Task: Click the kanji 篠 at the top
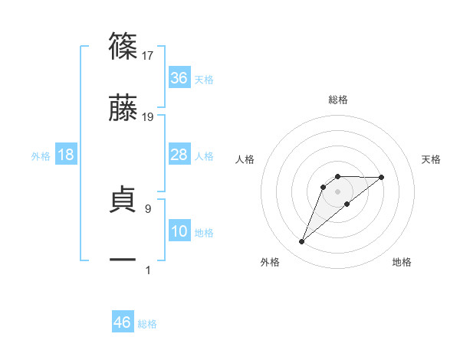(x=123, y=46)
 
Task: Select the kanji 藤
(x=123, y=109)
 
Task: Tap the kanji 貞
(x=123, y=201)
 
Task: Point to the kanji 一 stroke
(x=123, y=260)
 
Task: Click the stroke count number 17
(x=148, y=55)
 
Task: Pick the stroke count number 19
(x=148, y=117)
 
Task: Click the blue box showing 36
(x=179, y=78)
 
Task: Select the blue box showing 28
(x=179, y=155)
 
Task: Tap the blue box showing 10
(x=179, y=231)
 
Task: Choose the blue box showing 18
(x=66, y=155)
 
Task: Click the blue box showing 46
(x=123, y=322)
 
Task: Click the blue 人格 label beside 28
(x=204, y=156)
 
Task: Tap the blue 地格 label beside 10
(x=204, y=233)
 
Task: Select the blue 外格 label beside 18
(x=41, y=156)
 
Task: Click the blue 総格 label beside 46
(x=147, y=324)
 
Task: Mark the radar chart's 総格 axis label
(x=337, y=100)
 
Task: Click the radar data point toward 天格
(x=382, y=177)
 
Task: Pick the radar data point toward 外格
(x=301, y=242)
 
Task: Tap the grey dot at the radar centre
(x=337, y=191)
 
